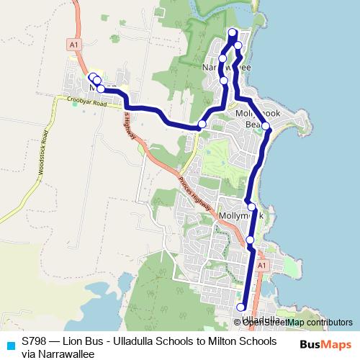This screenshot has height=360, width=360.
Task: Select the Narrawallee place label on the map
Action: click(x=226, y=67)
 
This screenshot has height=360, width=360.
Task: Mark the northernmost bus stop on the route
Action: click(x=232, y=32)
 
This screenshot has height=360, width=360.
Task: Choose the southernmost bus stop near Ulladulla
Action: click(x=240, y=307)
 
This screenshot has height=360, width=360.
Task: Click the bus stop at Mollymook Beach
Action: click(x=266, y=126)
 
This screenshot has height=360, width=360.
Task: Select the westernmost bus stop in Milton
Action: click(x=92, y=77)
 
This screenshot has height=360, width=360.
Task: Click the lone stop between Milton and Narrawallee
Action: click(x=202, y=125)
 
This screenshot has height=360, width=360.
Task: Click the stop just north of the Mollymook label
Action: click(x=251, y=207)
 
